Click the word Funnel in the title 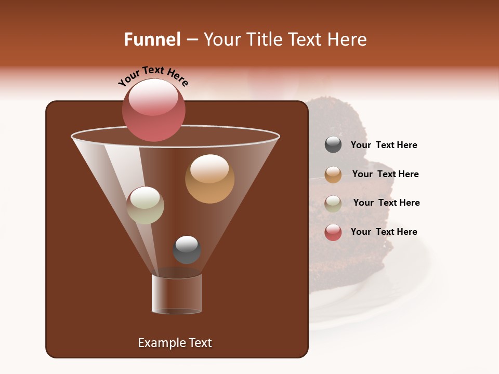coord(152,39)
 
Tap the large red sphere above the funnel coord(154,110)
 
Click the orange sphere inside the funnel coord(209,179)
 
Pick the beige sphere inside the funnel coord(145,205)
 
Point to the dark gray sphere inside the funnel coord(187,249)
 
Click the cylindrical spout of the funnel coord(177,294)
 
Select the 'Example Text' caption coord(175,343)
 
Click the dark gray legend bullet coord(333,145)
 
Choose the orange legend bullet coord(333,175)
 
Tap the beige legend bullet coord(333,204)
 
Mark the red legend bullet coord(333,232)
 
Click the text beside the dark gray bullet coord(384,145)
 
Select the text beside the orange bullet coord(386,174)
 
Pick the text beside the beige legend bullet coord(387,203)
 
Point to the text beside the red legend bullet coord(384,232)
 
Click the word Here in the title coord(348,39)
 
